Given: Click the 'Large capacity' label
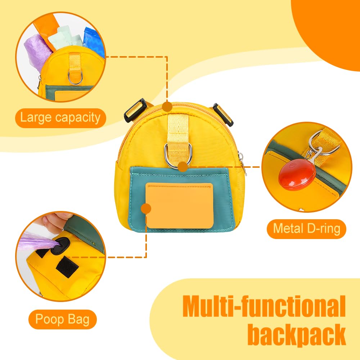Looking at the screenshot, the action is coord(60,118).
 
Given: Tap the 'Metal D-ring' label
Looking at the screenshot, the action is coord(306,229).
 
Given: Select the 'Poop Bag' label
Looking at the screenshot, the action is coord(62,319).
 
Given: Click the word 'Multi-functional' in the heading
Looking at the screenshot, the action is coord(264,306).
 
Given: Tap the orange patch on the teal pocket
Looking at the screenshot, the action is coord(180,206).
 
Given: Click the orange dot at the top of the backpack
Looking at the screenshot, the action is coord(167,107).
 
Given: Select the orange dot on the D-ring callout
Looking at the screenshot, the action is coord(183,167).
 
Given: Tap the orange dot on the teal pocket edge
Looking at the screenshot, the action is coord(146,209).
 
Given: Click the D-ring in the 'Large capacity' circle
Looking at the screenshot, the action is coord(75,78).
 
